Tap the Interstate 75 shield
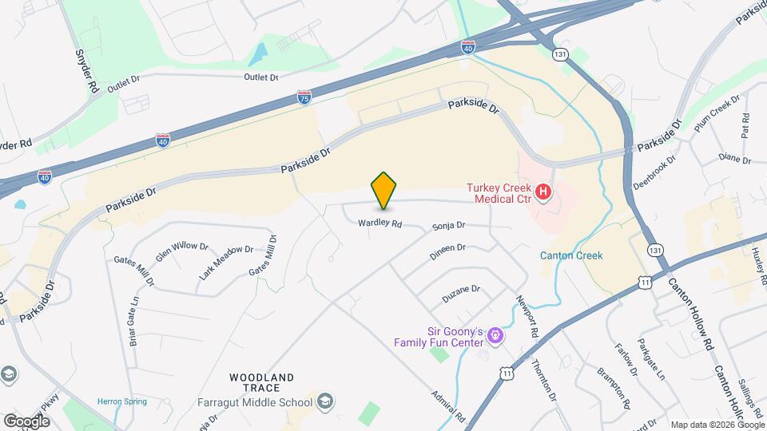coord(304,98)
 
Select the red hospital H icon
coord(543,192)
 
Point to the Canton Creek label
coord(570,255)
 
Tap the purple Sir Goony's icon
coord(495,335)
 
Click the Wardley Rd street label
coord(380,223)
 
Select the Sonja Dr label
coord(448,227)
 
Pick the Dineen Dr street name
coord(447,248)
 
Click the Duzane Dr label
coord(461,293)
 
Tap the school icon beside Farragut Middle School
coord(324,400)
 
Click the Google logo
coord(26,421)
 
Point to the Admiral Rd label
coord(447,405)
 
